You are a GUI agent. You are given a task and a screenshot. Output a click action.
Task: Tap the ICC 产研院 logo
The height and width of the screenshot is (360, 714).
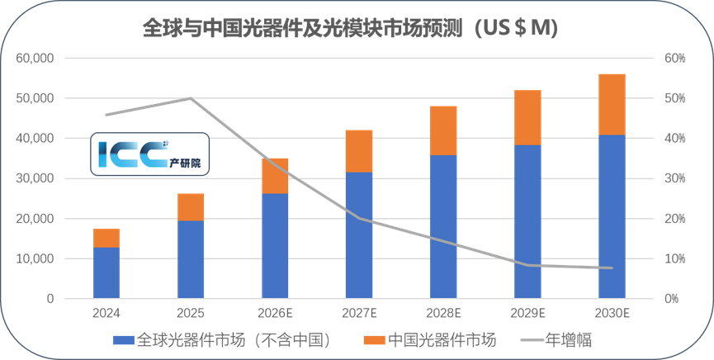(x=152, y=155)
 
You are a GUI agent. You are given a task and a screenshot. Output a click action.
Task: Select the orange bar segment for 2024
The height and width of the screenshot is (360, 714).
(x=106, y=238)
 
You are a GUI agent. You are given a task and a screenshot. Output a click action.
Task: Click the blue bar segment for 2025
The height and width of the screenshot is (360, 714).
(x=191, y=259)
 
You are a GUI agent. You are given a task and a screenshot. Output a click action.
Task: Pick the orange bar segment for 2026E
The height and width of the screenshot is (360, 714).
(x=275, y=176)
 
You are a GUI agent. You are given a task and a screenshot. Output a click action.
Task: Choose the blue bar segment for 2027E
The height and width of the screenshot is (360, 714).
(x=359, y=235)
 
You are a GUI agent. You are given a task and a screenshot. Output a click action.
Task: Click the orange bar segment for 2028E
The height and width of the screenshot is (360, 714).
(x=443, y=130)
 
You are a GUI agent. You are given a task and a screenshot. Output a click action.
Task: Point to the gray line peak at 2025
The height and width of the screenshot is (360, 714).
(x=191, y=98)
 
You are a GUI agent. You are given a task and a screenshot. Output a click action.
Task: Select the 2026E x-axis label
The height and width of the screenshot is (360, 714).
(x=275, y=314)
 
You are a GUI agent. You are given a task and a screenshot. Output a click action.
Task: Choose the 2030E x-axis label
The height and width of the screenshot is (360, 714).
(x=612, y=314)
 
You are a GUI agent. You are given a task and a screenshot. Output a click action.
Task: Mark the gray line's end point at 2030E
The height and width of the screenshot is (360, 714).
(x=612, y=268)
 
